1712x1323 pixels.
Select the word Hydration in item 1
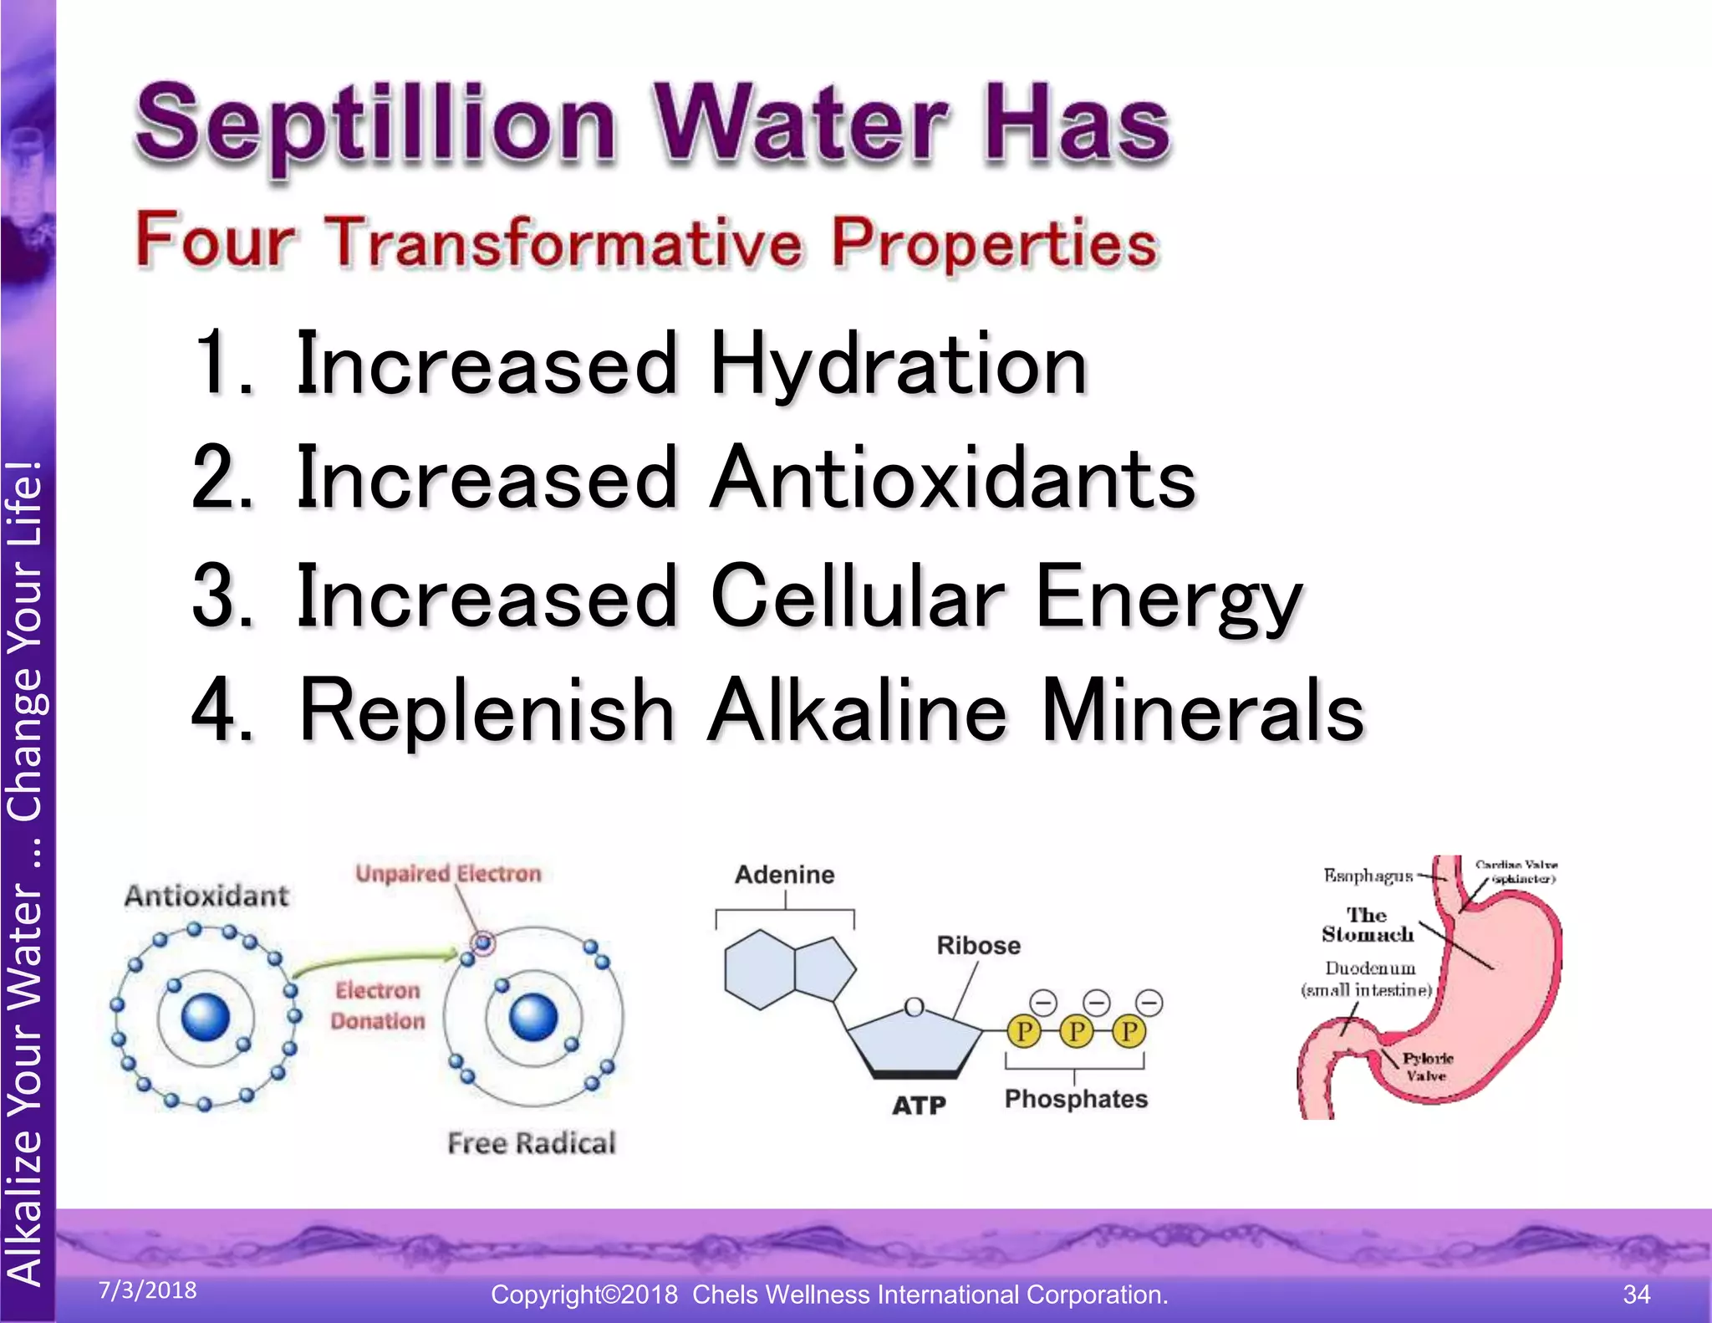899,365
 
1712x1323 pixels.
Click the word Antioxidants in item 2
953,478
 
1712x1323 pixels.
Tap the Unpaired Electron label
448,874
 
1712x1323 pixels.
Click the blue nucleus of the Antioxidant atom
206,1017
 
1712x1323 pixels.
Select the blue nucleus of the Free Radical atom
533,1017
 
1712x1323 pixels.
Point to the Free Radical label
532,1143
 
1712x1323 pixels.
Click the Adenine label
784,875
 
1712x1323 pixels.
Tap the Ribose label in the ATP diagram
978,946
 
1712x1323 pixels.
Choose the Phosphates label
1076,1099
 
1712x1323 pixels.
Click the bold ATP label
919,1106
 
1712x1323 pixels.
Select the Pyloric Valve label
1427,1068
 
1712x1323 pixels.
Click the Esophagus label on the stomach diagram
1368,876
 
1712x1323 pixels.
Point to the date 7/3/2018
148,1290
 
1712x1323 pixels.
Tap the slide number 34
1637,1295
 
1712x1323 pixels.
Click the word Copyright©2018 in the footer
583,1295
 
